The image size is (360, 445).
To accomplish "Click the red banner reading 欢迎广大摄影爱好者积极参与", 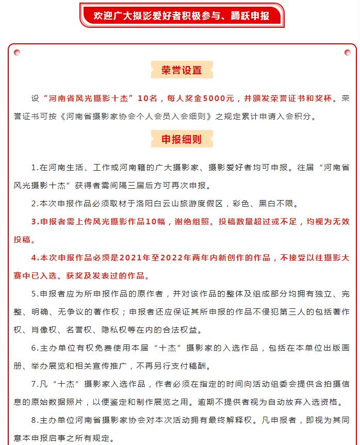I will point(182,15).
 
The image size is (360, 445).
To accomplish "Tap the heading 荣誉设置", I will point(182,71).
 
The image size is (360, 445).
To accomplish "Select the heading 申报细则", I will point(182,139).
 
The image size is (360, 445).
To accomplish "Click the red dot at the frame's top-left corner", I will point(17,52).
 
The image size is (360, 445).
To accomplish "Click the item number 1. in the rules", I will point(35,168).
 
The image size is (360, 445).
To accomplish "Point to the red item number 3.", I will point(35,222).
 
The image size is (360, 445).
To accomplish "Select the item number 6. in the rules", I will point(35,348).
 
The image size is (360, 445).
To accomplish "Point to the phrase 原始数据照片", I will point(51,402).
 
